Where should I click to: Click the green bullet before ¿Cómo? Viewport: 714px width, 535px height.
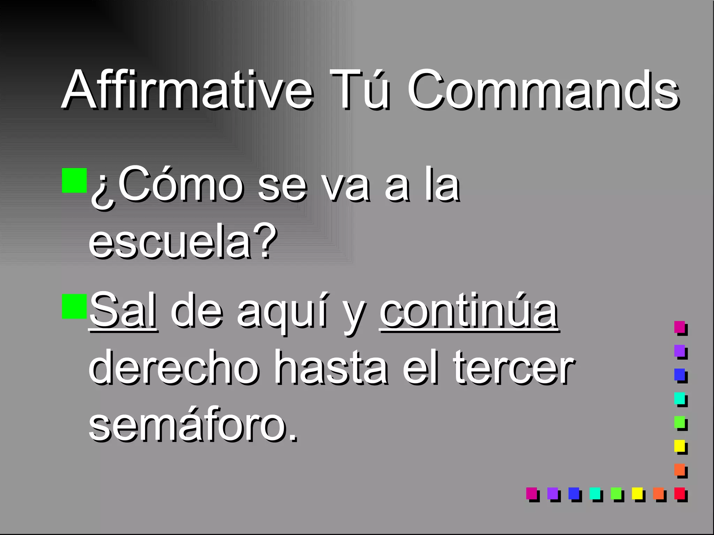tap(74, 180)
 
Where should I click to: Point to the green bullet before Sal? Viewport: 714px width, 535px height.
tap(74, 307)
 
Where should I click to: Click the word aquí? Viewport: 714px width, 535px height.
tap(282, 311)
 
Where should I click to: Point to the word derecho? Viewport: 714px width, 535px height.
tap(174, 367)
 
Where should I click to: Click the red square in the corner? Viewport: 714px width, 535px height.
tap(679, 493)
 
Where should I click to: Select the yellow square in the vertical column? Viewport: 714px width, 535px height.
tap(679, 446)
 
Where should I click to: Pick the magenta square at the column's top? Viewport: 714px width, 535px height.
tap(679, 327)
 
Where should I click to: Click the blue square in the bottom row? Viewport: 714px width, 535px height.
tap(574, 493)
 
